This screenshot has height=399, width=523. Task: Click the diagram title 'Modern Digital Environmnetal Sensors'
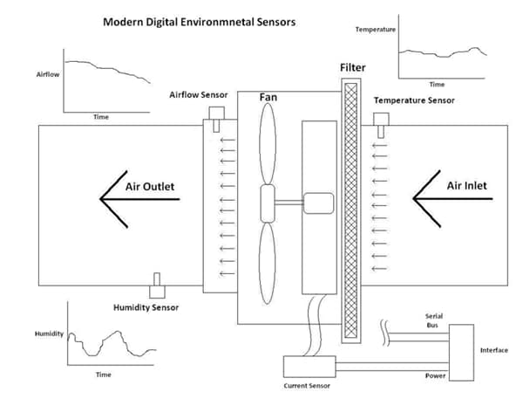[x=200, y=20]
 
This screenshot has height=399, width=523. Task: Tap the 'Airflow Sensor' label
[x=203, y=94]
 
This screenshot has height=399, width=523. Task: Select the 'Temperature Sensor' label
[x=414, y=100]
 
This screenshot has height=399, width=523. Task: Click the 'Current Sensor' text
[x=308, y=385]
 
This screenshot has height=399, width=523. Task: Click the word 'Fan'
[x=268, y=98]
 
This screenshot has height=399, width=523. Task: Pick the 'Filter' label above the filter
[x=353, y=66]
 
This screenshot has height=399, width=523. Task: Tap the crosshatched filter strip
[x=351, y=210]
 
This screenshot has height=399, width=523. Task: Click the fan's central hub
[x=268, y=203]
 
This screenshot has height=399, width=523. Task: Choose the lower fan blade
[x=268, y=266]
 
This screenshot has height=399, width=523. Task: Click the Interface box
[x=459, y=352]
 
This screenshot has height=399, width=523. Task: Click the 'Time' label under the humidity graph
[x=103, y=374]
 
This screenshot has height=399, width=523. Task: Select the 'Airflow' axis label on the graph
[x=47, y=76]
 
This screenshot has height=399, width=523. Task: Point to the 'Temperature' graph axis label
[x=376, y=30]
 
